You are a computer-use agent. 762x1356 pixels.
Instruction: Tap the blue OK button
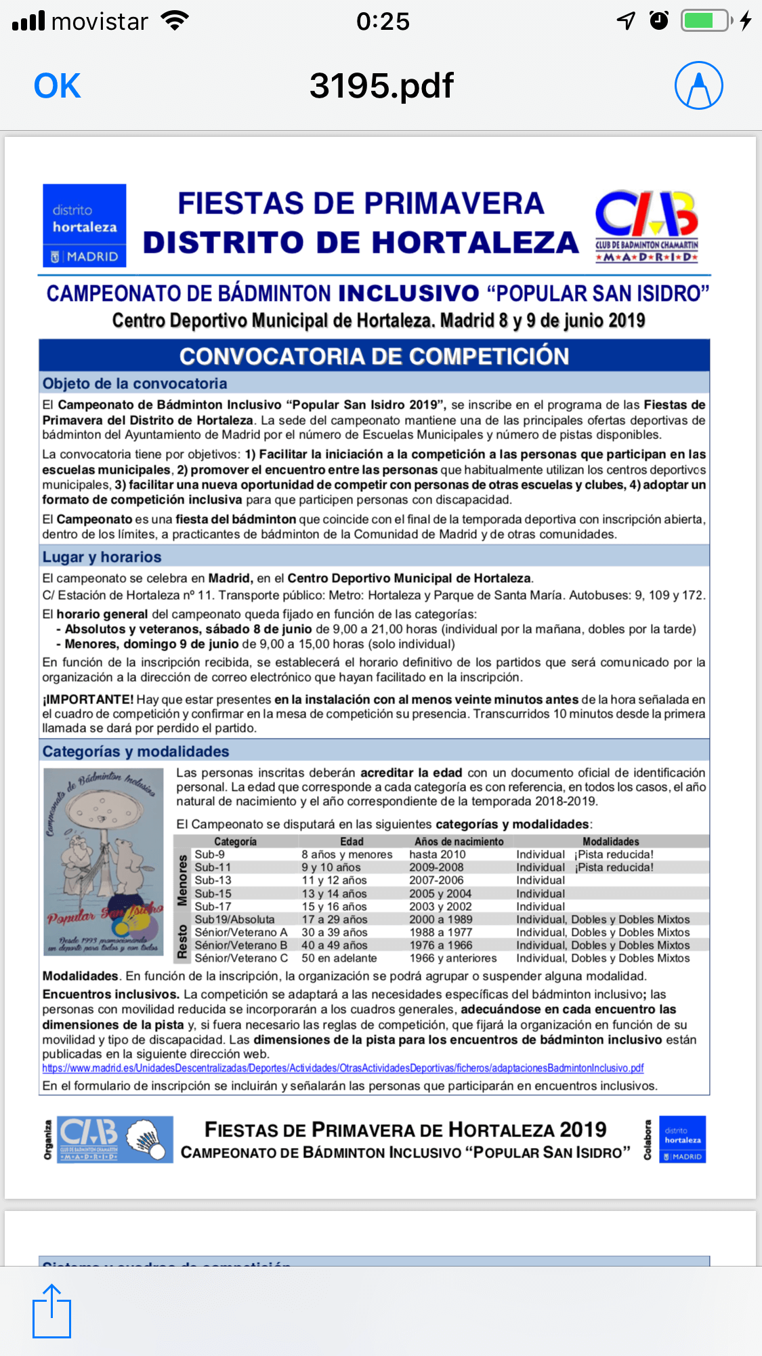point(58,86)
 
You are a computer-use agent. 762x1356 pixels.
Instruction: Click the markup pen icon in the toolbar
point(698,85)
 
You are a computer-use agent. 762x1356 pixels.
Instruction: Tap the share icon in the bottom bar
point(52,1311)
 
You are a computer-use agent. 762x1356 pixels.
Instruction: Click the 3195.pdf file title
point(381,86)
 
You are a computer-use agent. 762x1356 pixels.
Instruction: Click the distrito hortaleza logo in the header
point(85,225)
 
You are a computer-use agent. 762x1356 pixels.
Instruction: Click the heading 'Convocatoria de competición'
point(374,356)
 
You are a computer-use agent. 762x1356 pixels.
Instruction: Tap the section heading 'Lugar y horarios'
point(102,557)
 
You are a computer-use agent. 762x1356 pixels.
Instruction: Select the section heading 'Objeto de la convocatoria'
point(135,384)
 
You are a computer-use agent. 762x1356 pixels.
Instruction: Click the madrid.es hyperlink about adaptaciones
point(343,1069)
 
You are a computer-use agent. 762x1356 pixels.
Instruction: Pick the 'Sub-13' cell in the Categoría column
point(213,880)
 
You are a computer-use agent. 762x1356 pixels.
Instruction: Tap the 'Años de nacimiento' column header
point(459,842)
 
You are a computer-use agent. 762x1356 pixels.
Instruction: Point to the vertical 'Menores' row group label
point(182,880)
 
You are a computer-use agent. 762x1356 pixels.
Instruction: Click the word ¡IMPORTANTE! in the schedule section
point(88,699)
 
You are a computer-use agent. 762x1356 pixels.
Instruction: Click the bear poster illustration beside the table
point(104,861)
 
